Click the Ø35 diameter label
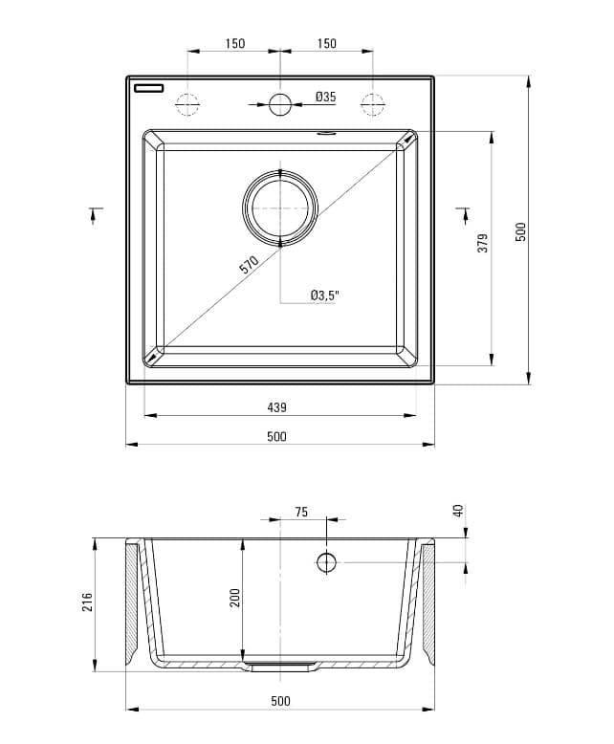(325, 97)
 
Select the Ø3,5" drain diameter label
(324, 295)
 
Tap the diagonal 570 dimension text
(250, 267)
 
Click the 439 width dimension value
(276, 407)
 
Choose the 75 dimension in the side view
(300, 513)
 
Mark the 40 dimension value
(458, 511)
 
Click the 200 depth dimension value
(234, 598)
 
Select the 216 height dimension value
(87, 602)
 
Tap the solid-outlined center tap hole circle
(279, 104)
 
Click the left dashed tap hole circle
(187, 104)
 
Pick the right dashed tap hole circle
(372, 104)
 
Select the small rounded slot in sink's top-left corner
(150, 88)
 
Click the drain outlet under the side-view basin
(279, 667)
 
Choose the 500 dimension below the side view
(279, 701)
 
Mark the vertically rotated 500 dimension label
(521, 231)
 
